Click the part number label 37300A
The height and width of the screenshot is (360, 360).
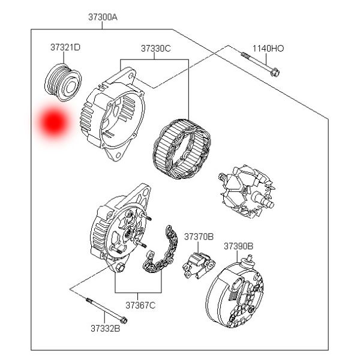(x=103, y=17)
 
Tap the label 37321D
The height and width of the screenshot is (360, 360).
(x=65, y=47)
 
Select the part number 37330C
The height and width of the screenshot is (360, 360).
(x=156, y=48)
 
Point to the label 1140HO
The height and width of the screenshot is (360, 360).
(x=268, y=48)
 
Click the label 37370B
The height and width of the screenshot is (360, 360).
(x=199, y=236)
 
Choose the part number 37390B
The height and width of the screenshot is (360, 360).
(x=238, y=246)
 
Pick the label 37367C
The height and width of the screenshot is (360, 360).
(x=140, y=305)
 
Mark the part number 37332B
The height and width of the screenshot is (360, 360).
(x=105, y=328)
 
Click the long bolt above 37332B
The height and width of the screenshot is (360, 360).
(x=106, y=309)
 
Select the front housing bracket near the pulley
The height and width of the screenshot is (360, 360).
(x=114, y=117)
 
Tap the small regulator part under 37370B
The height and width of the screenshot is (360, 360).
(x=199, y=263)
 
